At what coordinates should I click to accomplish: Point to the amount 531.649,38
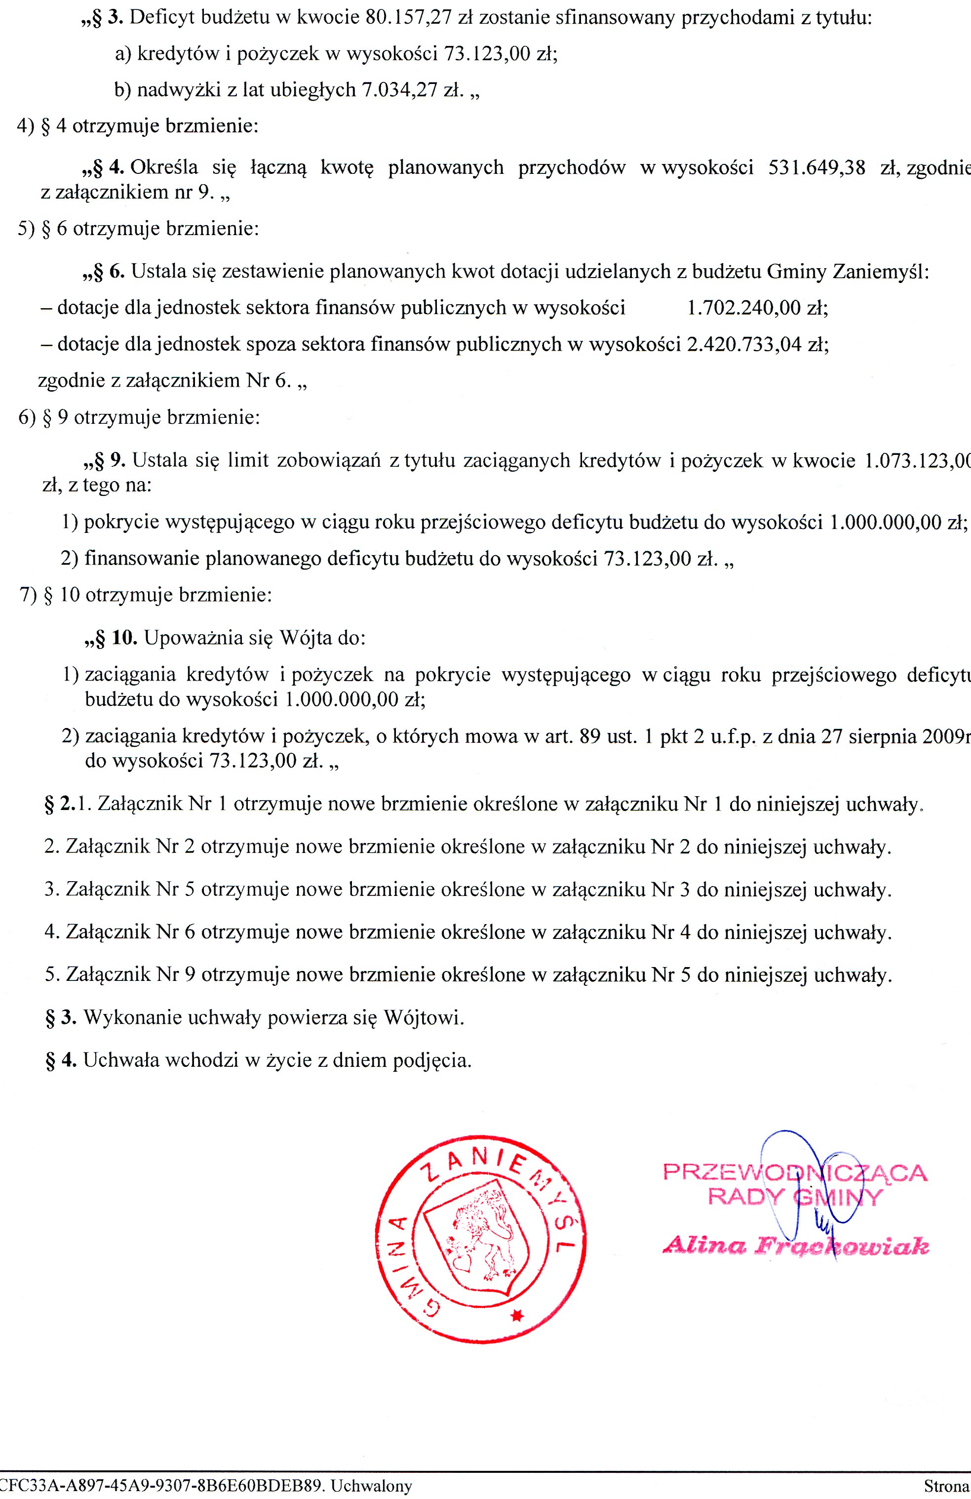point(816,168)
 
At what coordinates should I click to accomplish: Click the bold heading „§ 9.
point(104,460)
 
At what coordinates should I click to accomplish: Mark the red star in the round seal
point(517,1316)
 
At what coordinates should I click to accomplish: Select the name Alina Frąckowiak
point(795,1245)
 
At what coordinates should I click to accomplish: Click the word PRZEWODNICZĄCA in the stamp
point(795,1173)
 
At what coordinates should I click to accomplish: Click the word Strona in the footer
point(946,1486)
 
